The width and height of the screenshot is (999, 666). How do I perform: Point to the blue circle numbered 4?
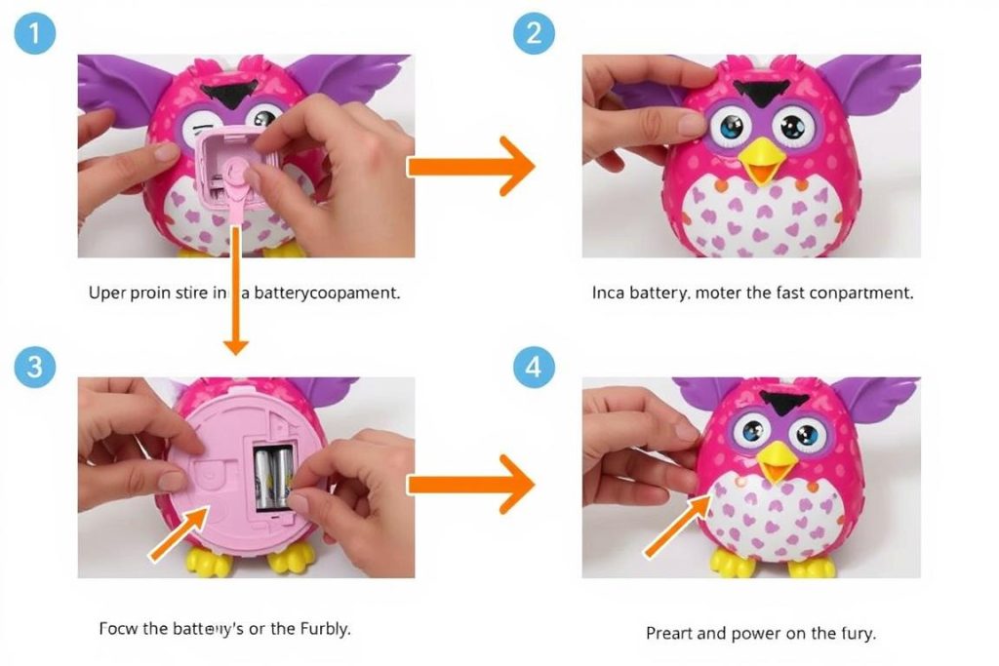(534, 368)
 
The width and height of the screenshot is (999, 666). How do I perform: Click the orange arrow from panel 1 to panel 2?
(470, 167)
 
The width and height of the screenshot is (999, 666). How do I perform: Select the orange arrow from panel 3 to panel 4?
(470, 484)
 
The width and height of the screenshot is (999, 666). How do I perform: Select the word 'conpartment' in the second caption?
(859, 293)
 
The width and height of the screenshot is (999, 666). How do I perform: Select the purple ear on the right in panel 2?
(868, 88)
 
